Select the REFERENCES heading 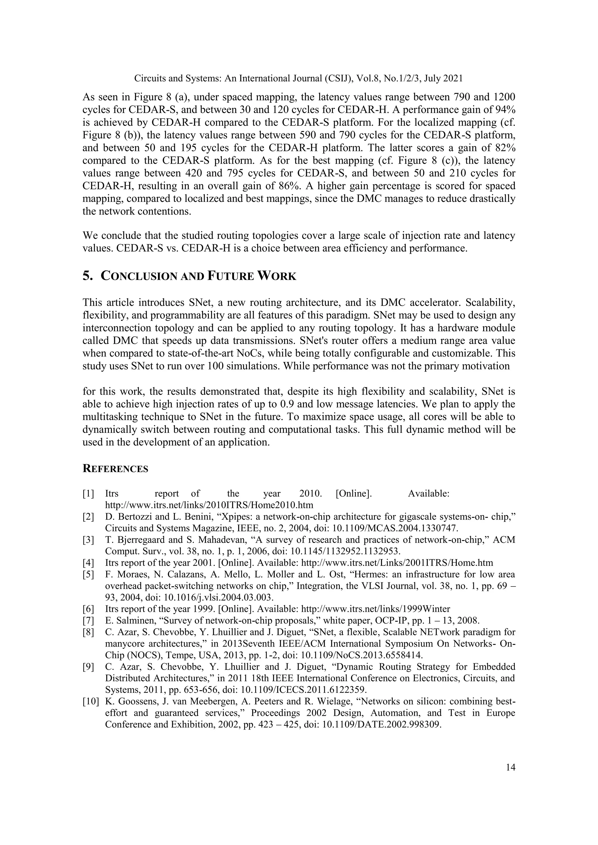click(x=115, y=469)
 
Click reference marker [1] click(x=88, y=493)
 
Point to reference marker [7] click(x=88, y=621)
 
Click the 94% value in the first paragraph click(x=505, y=110)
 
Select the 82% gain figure click(x=505, y=148)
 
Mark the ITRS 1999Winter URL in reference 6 click(x=376, y=609)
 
